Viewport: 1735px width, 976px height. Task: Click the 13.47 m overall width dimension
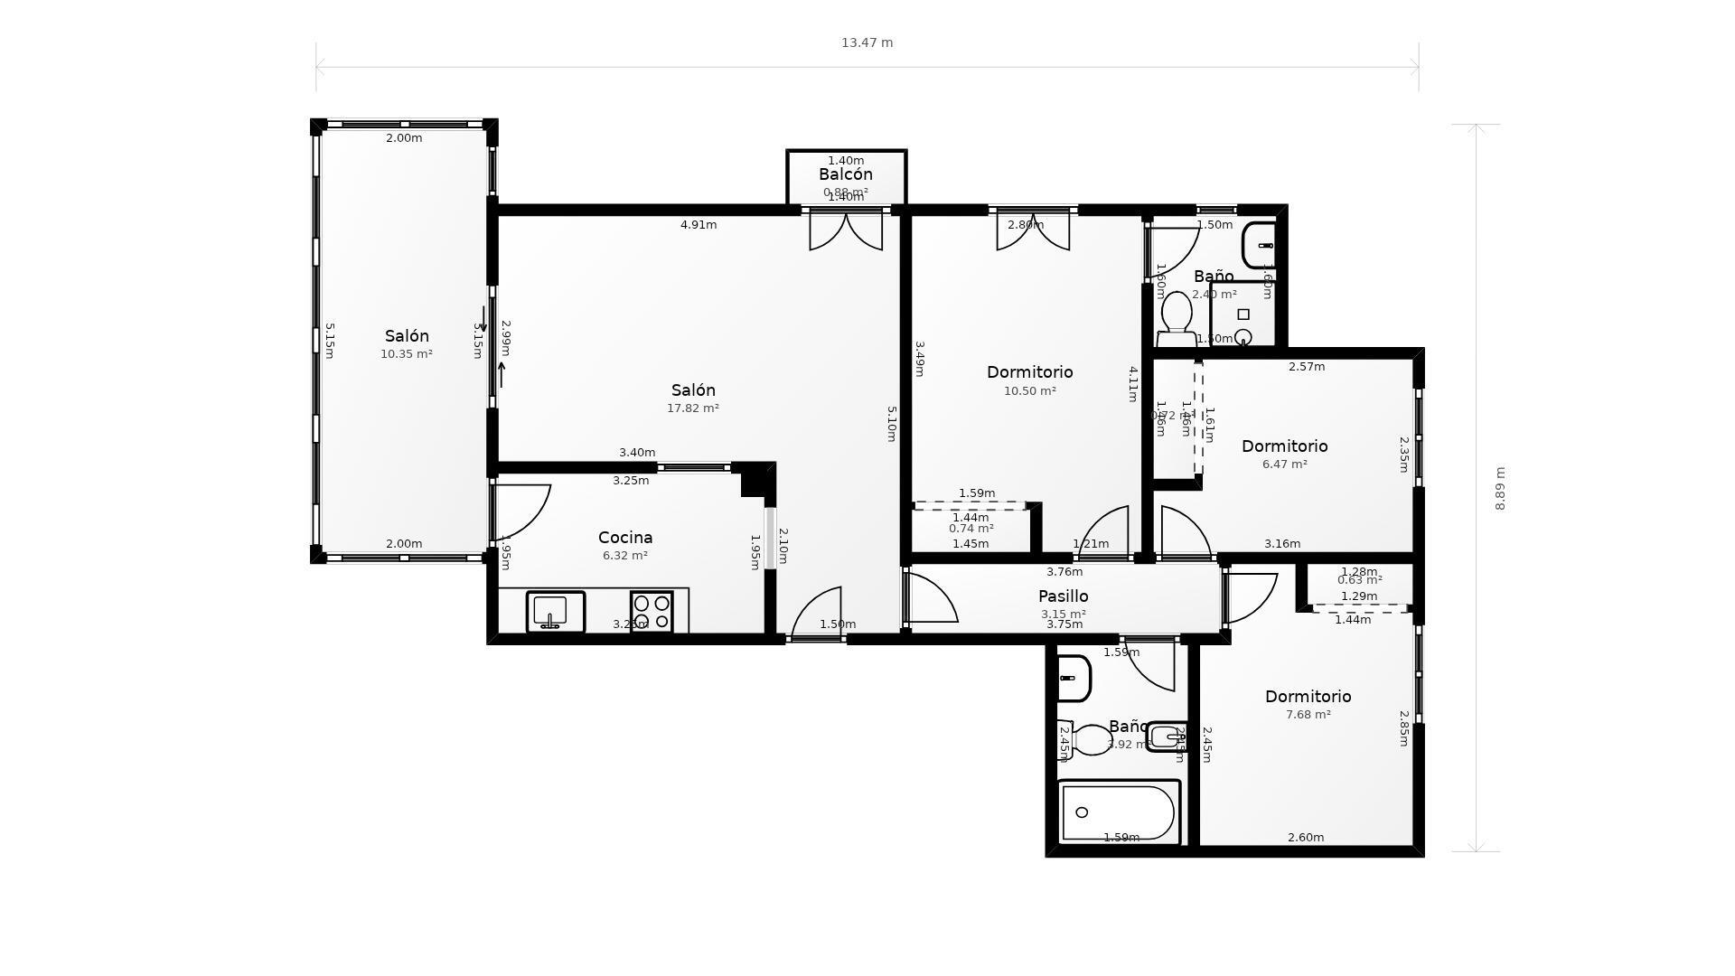pos(867,42)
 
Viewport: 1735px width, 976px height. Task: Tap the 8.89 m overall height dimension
pos(1500,488)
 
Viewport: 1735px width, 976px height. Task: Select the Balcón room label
pos(846,174)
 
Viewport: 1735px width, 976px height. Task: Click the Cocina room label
pos(625,538)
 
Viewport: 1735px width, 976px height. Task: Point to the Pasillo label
pos(1063,596)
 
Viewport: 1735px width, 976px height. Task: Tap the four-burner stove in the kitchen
pos(652,612)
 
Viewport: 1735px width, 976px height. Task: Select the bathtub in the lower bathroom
pos(1119,812)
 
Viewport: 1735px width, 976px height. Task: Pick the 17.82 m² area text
pos(693,408)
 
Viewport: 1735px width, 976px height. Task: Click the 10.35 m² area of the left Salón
pos(407,354)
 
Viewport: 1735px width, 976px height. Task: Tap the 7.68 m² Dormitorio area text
pos(1308,715)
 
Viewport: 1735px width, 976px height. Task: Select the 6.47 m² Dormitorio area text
pos(1284,465)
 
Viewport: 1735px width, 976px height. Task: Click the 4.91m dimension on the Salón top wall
pos(699,225)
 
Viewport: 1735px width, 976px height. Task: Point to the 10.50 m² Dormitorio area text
pos(1030,391)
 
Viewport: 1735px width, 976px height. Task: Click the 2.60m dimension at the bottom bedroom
pos(1306,838)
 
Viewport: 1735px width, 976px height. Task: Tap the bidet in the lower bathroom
pos(1166,737)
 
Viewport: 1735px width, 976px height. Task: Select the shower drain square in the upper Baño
pos(1243,314)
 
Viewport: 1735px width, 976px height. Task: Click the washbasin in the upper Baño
pos(1259,246)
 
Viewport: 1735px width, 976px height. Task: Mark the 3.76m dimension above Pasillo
pos(1064,572)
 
